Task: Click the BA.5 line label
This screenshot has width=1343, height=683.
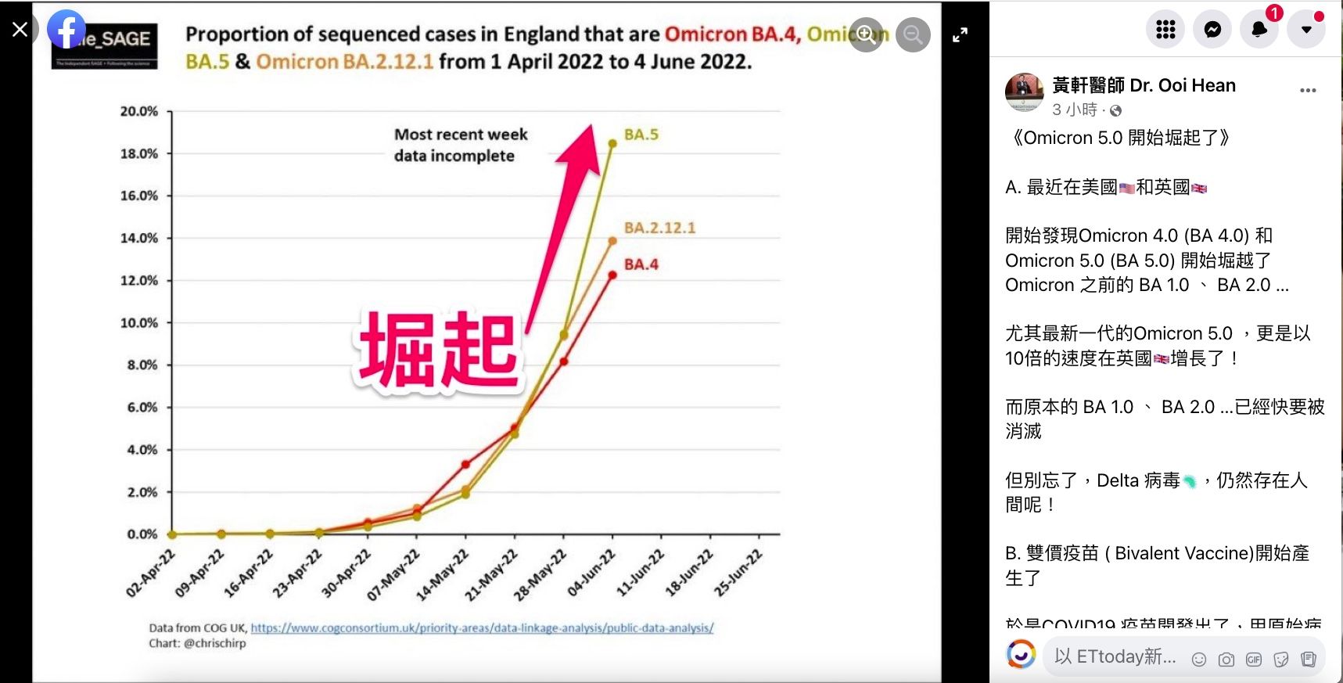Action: [x=641, y=135]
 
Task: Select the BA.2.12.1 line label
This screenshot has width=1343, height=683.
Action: [x=659, y=228]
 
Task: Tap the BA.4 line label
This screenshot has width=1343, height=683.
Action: [x=641, y=264]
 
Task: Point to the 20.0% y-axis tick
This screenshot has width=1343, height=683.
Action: [x=139, y=111]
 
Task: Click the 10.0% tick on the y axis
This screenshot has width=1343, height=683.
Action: [x=139, y=322]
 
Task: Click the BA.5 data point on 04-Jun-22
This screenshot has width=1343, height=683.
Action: [x=612, y=143]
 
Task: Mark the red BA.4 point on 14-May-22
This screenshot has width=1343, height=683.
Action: [x=466, y=464]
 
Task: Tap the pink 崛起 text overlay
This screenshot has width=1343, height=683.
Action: [x=438, y=350]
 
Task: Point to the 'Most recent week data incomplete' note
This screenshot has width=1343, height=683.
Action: [x=460, y=145]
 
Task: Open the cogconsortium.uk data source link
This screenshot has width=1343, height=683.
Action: [x=482, y=627]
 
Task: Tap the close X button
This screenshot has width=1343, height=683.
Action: [x=20, y=29]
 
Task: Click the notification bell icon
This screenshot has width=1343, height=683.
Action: [x=1259, y=30]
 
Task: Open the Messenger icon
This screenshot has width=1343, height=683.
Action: [x=1212, y=30]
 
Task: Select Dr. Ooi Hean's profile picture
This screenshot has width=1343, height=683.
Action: [x=1024, y=92]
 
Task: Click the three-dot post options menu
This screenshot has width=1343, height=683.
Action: [x=1308, y=91]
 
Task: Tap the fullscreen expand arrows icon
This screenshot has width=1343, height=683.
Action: [x=960, y=34]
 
